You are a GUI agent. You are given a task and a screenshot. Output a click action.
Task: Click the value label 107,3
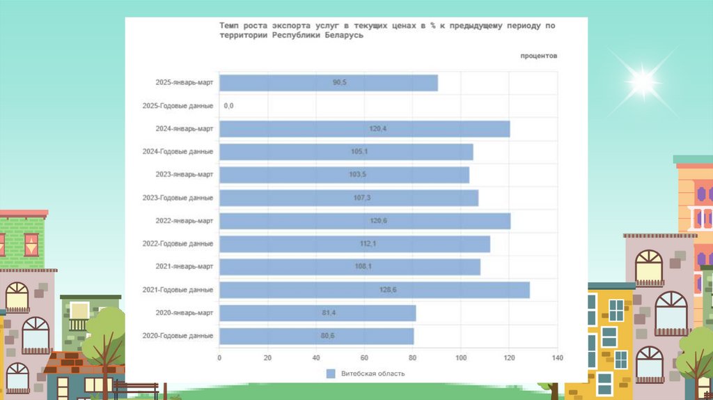[361, 198]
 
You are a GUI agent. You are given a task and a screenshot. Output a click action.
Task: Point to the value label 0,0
[229, 106]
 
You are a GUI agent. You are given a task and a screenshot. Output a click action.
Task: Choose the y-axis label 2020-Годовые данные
[178, 336]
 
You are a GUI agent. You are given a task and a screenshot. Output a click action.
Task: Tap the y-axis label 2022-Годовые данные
[178, 244]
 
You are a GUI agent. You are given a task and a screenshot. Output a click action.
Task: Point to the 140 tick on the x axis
[556, 358]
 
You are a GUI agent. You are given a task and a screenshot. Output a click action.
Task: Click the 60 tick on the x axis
[364, 358]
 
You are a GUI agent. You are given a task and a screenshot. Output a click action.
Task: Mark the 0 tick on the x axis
[219, 358]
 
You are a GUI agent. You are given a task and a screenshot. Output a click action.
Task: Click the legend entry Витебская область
[373, 374]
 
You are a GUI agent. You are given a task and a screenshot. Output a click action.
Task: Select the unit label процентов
[538, 56]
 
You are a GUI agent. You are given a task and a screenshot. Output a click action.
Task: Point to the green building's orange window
[31, 244]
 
